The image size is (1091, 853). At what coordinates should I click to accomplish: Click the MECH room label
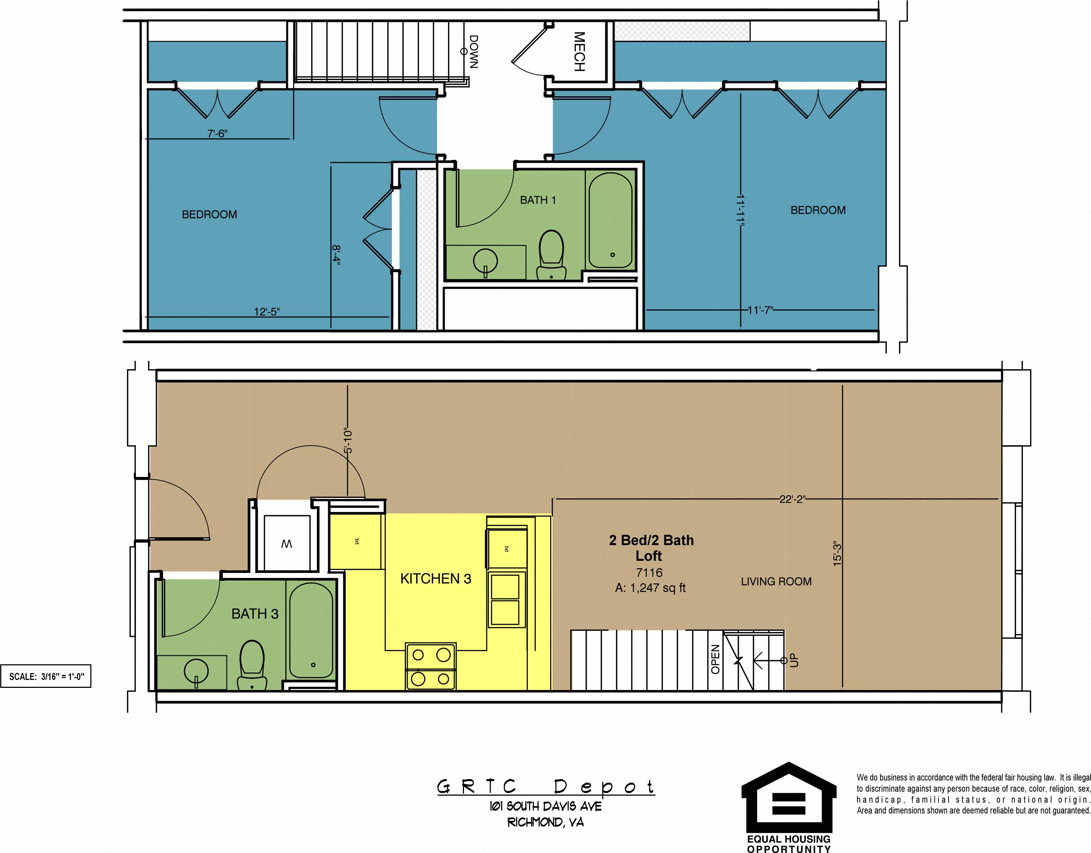tap(579, 52)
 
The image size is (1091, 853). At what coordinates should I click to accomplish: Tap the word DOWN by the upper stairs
tap(473, 52)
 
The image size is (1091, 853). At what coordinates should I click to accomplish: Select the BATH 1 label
tap(538, 200)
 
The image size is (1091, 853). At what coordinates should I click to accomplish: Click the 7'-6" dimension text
tap(217, 133)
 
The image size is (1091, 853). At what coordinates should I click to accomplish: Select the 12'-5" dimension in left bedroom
tap(267, 311)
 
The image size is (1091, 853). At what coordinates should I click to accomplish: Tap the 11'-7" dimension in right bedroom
tap(760, 310)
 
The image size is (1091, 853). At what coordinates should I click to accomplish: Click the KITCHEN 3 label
tap(436, 579)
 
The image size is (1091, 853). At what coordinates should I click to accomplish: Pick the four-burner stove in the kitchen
tap(430, 666)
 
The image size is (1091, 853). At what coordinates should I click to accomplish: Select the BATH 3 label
tap(255, 614)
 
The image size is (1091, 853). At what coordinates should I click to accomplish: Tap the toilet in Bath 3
tap(252, 664)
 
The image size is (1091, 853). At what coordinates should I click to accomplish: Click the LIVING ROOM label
tap(776, 581)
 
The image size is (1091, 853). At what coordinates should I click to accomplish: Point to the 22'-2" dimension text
tap(792, 499)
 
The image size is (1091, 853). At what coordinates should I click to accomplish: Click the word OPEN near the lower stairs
tap(715, 659)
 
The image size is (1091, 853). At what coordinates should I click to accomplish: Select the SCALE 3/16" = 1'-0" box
tap(46, 677)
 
